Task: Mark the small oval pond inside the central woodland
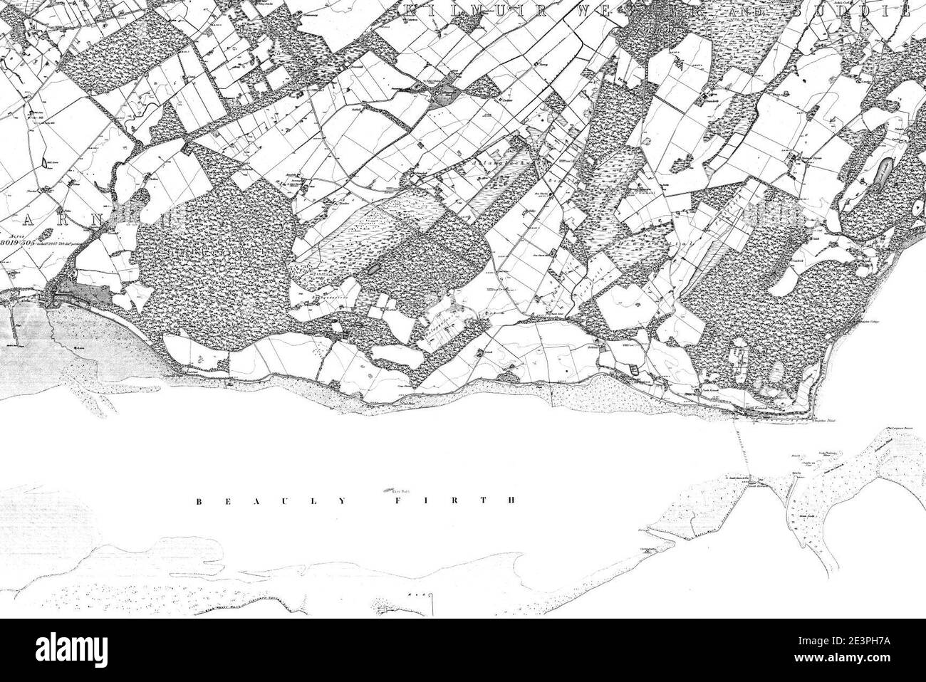pos(373,270)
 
